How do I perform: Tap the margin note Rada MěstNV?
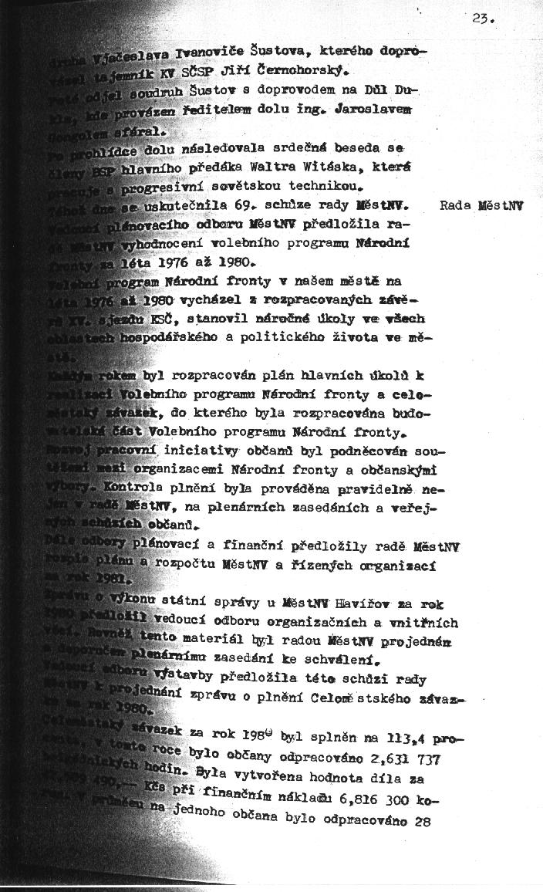pos(481,207)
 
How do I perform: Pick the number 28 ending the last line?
pos(420,821)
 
